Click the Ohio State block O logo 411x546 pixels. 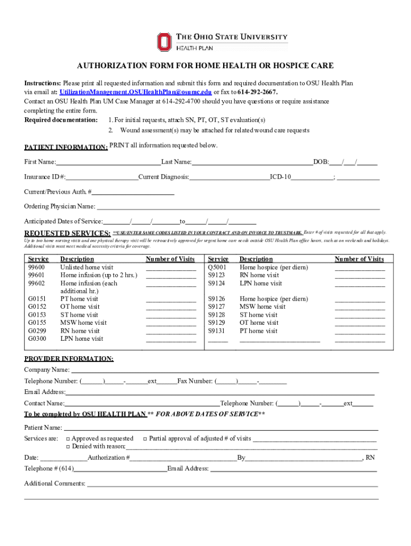(164, 42)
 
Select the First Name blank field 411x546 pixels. (108, 162)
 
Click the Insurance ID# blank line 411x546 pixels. (102, 176)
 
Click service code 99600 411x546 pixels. (36, 267)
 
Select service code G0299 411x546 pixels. (37, 331)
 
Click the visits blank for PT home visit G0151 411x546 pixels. (171, 299)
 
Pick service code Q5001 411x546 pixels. (217, 267)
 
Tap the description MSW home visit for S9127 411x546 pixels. (263, 307)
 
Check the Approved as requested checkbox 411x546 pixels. (68, 439)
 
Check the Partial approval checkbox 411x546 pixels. (145, 439)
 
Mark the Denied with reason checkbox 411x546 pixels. (68, 447)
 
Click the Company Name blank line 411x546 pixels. (225, 370)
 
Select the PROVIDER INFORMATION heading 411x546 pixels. (68, 359)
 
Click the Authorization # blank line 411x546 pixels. (184, 458)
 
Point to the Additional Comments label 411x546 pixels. (54, 484)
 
